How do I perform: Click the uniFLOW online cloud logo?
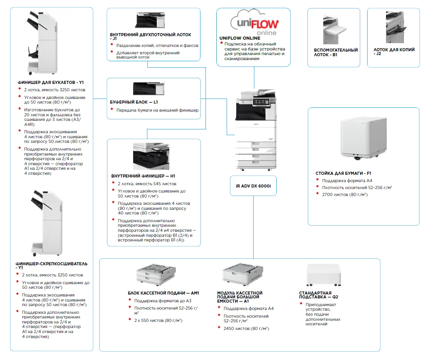tap(254, 23)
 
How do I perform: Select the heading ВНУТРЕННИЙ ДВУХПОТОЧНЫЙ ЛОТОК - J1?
tap(150, 37)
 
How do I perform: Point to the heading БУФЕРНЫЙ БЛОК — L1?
tap(134, 102)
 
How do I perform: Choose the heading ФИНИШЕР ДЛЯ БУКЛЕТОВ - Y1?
tap(51, 82)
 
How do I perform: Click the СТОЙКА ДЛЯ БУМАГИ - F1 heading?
tap(343, 173)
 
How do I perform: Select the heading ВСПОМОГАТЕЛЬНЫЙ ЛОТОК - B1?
tap(336, 52)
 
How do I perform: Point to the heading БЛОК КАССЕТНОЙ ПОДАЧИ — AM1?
tap(163, 293)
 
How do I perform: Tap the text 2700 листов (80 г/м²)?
tap(345, 194)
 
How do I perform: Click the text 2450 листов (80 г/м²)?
tap(246, 328)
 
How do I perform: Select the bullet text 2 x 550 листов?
tap(158, 320)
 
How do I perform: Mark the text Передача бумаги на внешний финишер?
tap(157, 110)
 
